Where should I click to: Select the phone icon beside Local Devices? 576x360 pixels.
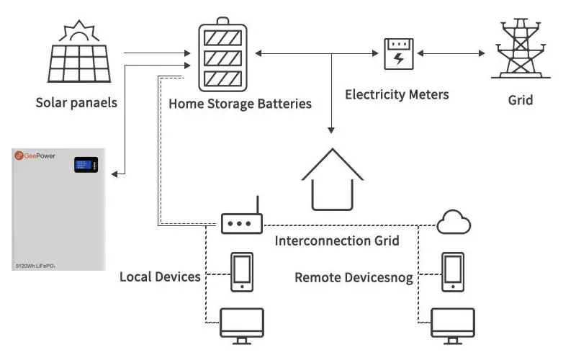pos(241,272)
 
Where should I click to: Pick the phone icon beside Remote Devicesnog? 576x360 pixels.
pos(453,272)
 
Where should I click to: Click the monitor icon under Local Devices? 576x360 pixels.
pos(241,325)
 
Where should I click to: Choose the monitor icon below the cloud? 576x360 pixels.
pos(453,325)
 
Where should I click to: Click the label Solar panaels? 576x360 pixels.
pos(76,102)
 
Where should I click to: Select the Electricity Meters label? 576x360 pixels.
pos(397,94)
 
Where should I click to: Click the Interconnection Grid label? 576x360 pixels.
pos(337,240)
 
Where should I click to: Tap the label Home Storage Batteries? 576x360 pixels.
pos(240,104)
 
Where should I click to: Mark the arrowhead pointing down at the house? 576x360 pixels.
pos(331,130)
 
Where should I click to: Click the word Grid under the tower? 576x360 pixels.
pos(520,100)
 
